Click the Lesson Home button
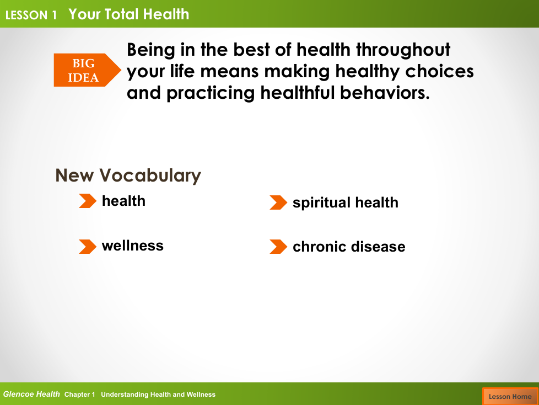click(510, 396)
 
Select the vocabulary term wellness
click(133, 246)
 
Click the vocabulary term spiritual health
click(346, 202)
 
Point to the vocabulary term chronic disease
click(349, 247)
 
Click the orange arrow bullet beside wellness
click(88, 247)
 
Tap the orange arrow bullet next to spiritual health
click(278, 202)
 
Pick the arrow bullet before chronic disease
click(278, 247)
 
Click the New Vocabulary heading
click(128, 175)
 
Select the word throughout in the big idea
click(403, 50)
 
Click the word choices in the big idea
click(439, 71)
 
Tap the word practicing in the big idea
click(211, 94)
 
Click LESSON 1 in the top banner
click(31, 15)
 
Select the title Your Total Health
click(129, 14)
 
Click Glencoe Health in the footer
click(31, 395)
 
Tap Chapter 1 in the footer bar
click(80, 395)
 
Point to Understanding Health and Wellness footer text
click(158, 395)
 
